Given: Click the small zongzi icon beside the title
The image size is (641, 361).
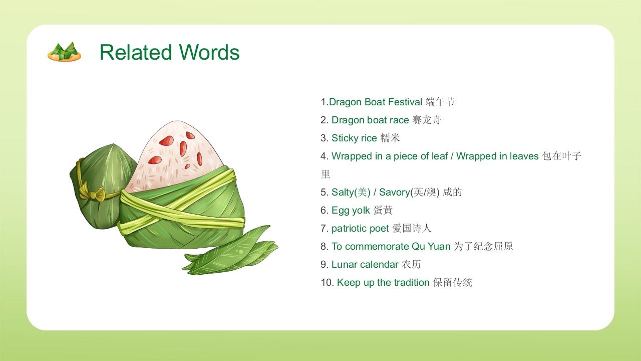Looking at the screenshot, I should pos(64,52).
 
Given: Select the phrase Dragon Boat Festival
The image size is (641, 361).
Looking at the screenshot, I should pos(376,102).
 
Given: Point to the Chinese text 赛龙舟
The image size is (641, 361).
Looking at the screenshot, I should pos(427,120).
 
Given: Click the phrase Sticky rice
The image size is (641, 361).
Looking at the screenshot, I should pos(354,138).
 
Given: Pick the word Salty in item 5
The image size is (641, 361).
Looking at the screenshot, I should pos(343,193).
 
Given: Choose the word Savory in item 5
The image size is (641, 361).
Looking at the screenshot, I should pos(394,193).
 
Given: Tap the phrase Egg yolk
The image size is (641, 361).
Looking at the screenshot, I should pos(351,211).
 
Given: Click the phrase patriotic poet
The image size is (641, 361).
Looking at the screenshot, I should pos(360,229).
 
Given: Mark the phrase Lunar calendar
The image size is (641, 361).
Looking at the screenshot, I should pos(365,265).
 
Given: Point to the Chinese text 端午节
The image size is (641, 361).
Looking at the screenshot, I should pos(440,102).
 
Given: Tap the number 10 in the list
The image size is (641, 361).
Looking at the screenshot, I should pos(327,283).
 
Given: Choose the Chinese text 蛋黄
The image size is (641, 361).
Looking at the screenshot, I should pos(383,211).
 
